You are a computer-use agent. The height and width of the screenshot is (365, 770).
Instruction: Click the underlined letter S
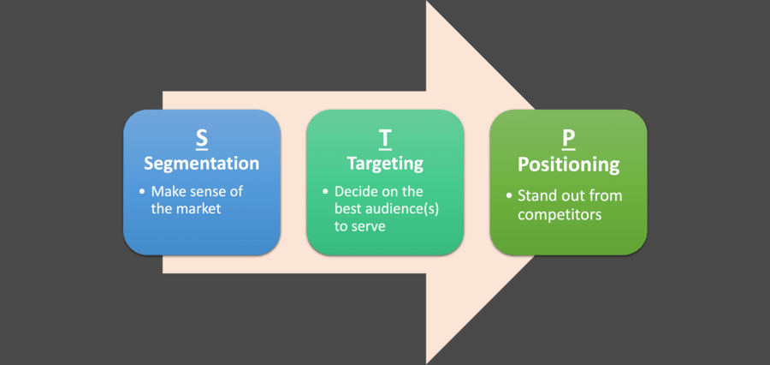click(x=202, y=140)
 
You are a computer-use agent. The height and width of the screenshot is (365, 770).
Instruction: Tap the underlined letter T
click(x=385, y=140)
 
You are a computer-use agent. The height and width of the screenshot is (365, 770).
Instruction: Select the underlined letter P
click(x=569, y=140)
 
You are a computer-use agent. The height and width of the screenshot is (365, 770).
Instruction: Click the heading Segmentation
click(x=201, y=164)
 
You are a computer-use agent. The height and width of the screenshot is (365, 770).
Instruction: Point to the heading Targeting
click(x=385, y=164)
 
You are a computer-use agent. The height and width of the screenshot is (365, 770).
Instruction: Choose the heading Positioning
click(x=569, y=165)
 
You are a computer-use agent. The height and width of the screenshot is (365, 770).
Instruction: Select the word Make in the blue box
click(x=165, y=191)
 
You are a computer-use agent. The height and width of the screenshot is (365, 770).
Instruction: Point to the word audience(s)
click(x=409, y=210)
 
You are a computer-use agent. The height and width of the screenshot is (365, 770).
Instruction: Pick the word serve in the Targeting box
click(x=368, y=227)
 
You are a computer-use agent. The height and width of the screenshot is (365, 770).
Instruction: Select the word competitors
click(x=560, y=214)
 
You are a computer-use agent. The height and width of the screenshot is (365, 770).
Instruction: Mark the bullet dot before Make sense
click(x=141, y=191)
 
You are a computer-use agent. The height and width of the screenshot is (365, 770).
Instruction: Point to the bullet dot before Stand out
click(x=508, y=196)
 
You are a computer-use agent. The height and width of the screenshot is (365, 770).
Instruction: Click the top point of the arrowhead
click(x=426, y=1)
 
